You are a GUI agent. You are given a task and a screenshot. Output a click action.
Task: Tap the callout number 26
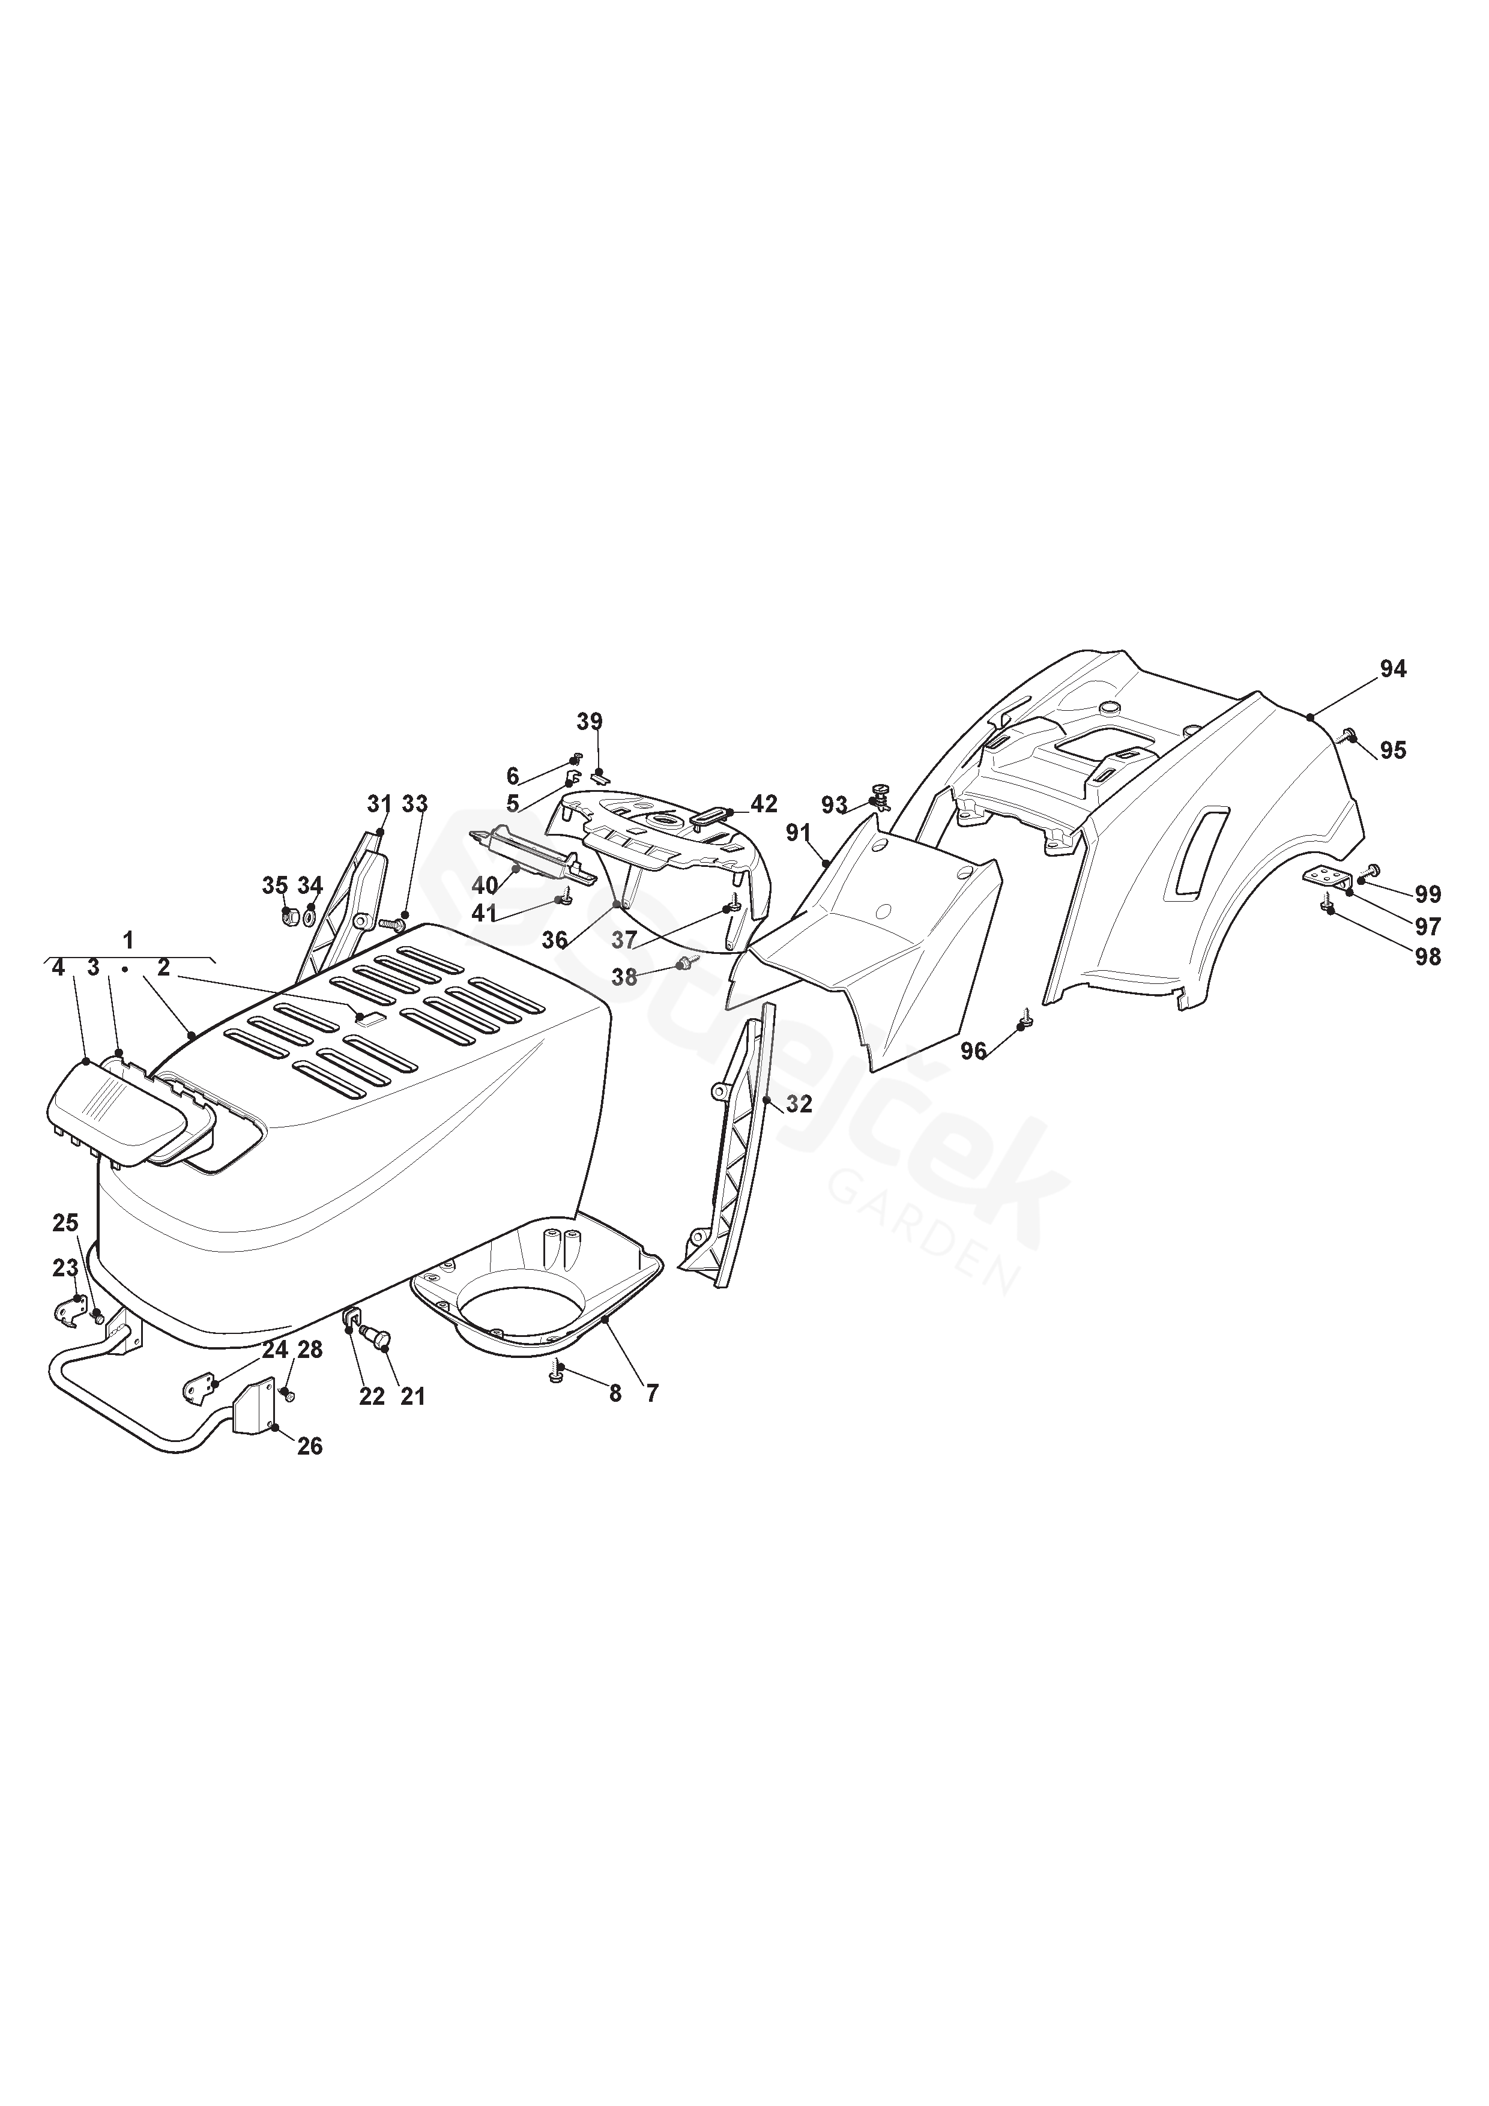[310, 1446]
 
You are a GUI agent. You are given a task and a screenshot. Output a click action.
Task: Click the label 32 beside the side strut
[799, 1105]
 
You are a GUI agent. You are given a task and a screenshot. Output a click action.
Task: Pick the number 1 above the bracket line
[128, 940]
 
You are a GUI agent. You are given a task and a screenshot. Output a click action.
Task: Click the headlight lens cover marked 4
[96, 1114]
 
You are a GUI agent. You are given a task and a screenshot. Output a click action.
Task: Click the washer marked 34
[310, 916]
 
